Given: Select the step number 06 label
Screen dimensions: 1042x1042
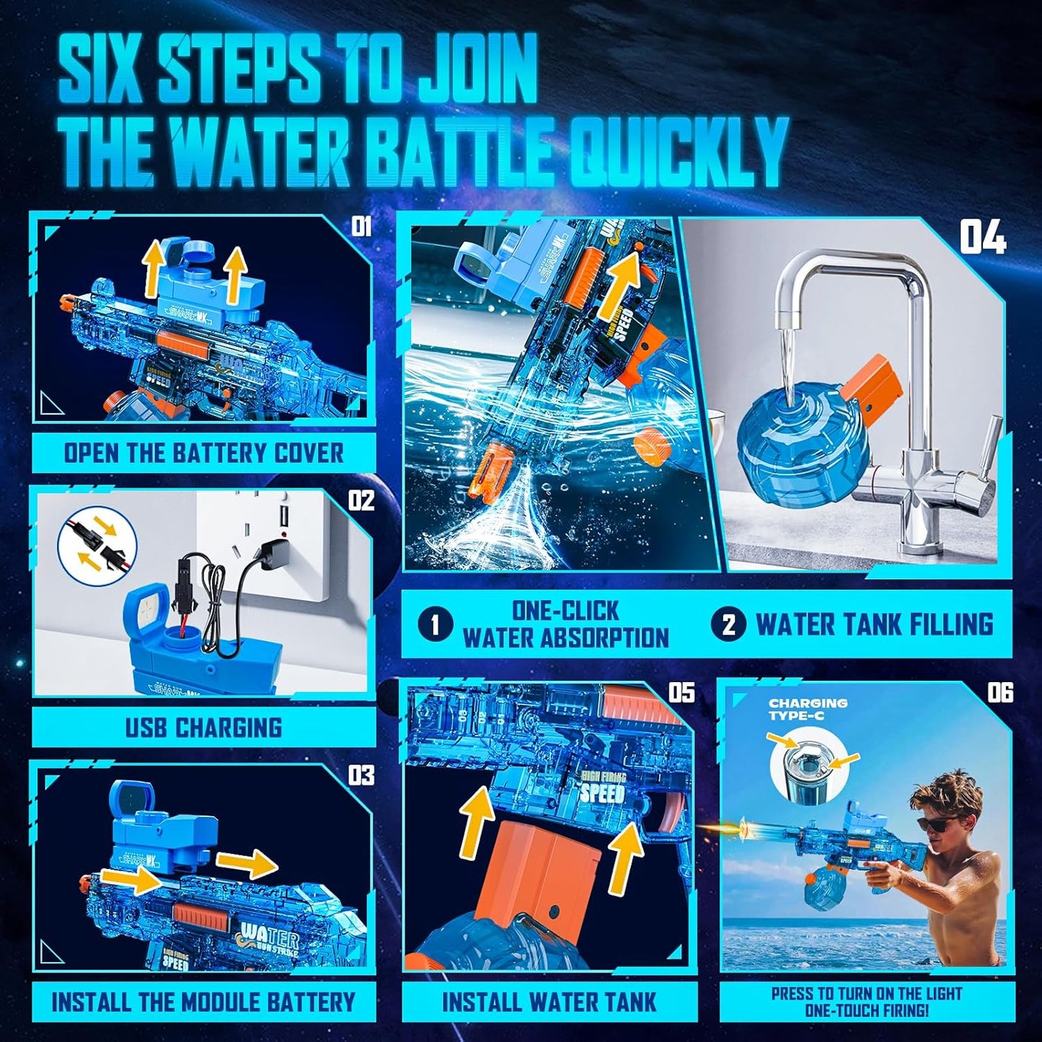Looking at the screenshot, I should (999, 693).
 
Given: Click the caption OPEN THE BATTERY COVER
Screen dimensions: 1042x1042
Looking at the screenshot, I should (204, 453).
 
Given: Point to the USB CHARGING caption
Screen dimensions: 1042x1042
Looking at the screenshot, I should (204, 727).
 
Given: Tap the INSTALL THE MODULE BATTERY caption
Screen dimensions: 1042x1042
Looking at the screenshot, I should (203, 1002).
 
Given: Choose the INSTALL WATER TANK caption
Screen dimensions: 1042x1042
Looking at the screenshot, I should (549, 1002).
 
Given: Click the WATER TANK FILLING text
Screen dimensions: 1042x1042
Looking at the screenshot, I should (874, 624).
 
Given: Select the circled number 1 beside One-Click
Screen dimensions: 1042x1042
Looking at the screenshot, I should (435, 624).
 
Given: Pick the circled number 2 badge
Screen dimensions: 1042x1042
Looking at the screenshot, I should (728, 624).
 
